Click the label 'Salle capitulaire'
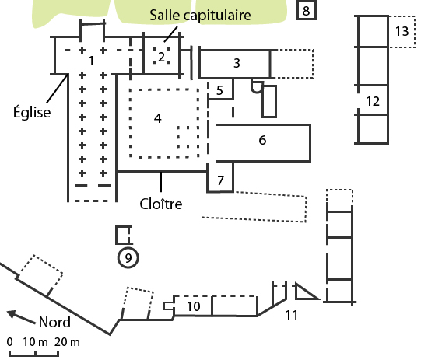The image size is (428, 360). (200, 16)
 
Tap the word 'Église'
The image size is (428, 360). (32, 111)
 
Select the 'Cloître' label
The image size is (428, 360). (161, 204)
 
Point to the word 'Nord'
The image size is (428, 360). (54, 322)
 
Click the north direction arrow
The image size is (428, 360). (21, 317)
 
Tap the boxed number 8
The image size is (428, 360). (307, 11)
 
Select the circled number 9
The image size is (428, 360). (128, 257)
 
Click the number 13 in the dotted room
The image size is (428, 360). (402, 31)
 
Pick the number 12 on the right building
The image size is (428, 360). (373, 101)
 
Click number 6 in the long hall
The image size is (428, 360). (262, 140)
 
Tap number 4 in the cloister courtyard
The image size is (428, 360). (157, 118)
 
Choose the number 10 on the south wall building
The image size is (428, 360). (194, 306)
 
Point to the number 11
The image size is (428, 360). (292, 315)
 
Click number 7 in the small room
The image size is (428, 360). (220, 180)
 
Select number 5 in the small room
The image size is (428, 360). (219, 90)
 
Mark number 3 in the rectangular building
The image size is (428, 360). (237, 63)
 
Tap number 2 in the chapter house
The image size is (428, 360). (161, 57)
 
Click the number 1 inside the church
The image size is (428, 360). (92, 61)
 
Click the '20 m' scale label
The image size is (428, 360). (67, 342)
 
